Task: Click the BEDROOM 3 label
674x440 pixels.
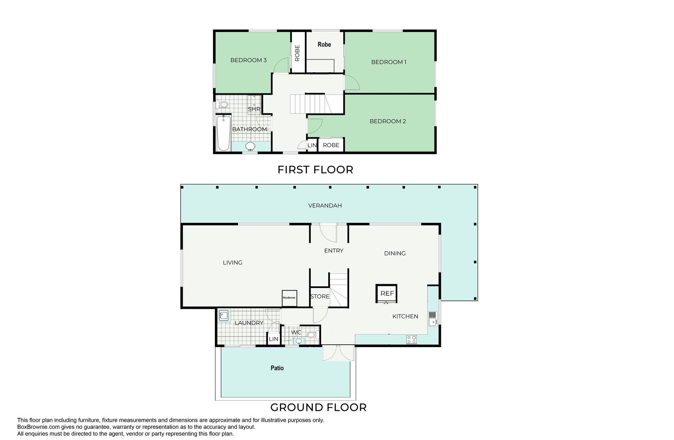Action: pos(248,60)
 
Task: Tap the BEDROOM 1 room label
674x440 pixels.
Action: pos(389,62)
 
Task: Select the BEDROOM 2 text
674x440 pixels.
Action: pos(388,121)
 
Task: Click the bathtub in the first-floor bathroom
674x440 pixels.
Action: pos(223,133)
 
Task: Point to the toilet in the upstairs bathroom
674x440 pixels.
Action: pos(222,104)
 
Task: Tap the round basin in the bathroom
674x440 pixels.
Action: pos(250,146)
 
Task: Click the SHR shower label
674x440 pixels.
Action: pos(254,109)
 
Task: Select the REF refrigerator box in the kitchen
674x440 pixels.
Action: pos(387,294)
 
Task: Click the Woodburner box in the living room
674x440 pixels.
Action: pos(289,298)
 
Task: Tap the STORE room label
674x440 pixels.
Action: pos(320,296)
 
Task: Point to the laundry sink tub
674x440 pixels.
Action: pos(223,315)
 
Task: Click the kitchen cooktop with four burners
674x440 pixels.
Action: pos(411,339)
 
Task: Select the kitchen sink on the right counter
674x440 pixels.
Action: pos(432,319)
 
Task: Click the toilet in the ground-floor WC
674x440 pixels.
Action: pos(311,335)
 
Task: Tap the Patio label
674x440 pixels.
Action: pos(277,368)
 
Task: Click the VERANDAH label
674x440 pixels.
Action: pos(325,206)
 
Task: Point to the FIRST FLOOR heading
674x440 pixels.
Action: pos(315,170)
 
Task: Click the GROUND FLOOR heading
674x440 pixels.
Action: pos(318,407)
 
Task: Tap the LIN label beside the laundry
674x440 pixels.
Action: pos(273,339)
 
